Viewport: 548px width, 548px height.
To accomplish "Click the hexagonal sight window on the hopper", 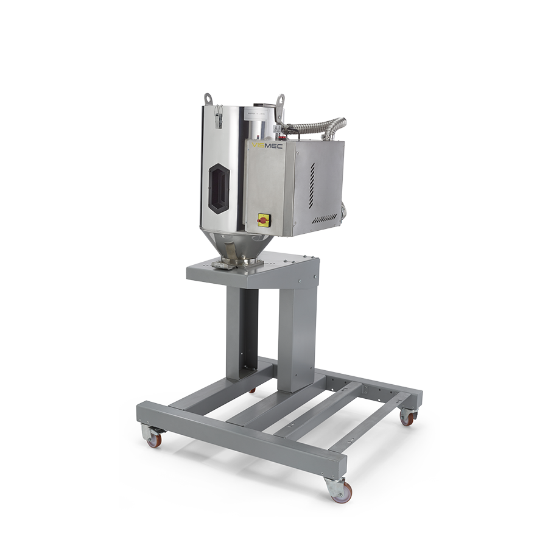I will tap(219, 189).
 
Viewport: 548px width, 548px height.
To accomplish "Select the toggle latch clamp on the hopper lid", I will tap(217, 116).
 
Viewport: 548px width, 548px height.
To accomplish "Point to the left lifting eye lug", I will tap(208, 99).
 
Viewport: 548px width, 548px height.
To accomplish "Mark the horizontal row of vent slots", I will tap(324, 217).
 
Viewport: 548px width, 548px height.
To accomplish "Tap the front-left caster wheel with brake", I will tap(153, 437).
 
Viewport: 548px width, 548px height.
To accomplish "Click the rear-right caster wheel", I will tap(407, 418).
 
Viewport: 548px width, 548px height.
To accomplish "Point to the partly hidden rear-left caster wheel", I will tap(252, 390).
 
